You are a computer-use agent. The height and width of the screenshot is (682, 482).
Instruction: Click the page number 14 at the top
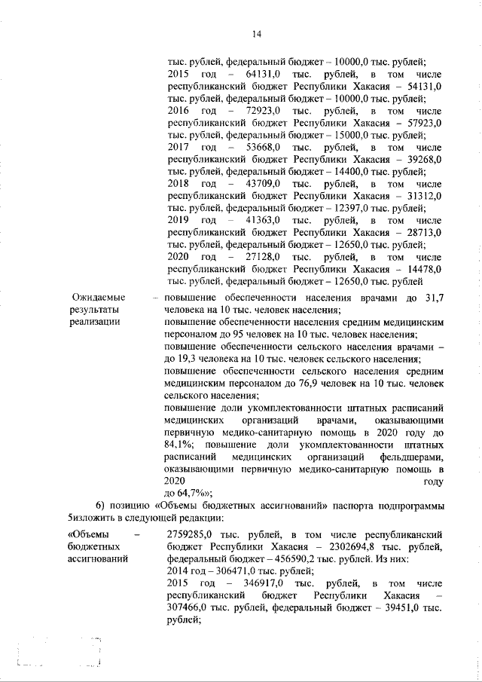click(x=256, y=35)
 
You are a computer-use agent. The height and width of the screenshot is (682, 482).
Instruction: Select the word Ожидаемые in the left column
click(x=98, y=298)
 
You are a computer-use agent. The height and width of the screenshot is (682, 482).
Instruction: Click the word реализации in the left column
click(x=95, y=322)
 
